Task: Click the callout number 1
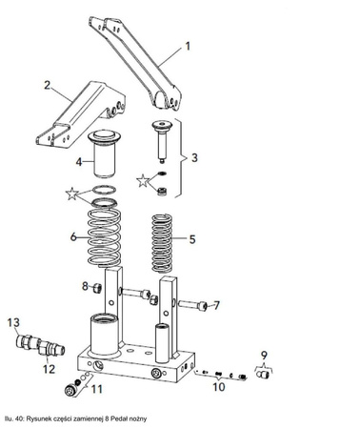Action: pyautogui.click(x=189, y=46)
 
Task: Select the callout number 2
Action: pyautogui.click(x=48, y=85)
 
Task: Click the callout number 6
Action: pyautogui.click(x=74, y=236)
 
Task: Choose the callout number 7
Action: pyautogui.click(x=216, y=306)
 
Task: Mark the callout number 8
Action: pyautogui.click(x=85, y=286)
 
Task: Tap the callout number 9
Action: pyautogui.click(x=264, y=357)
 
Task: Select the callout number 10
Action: pyautogui.click(x=219, y=388)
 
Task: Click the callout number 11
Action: pyautogui.click(x=95, y=388)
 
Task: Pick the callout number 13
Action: pyautogui.click(x=13, y=323)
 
